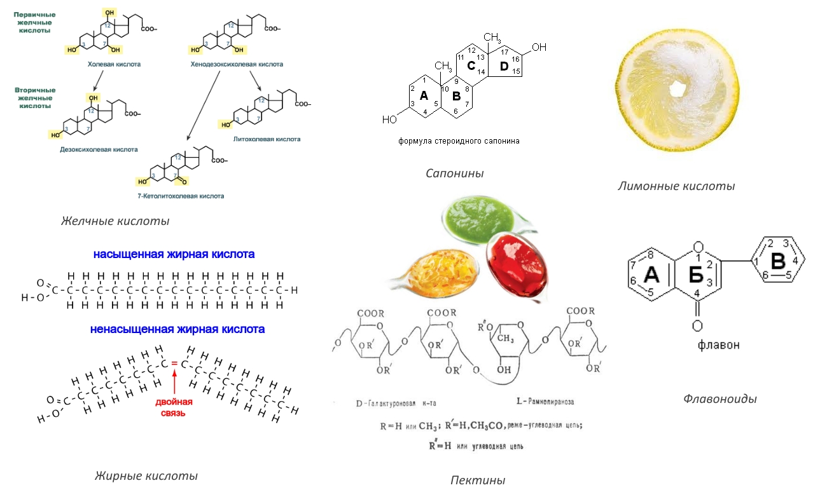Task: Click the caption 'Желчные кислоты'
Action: tap(115, 221)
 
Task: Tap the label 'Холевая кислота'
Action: tap(114, 64)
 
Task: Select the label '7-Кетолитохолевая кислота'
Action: tap(184, 196)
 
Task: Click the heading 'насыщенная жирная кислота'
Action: tap(174, 254)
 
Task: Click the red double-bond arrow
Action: tap(174, 381)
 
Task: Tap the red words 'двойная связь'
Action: tap(174, 407)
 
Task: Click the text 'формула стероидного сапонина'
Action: tap(459, 141)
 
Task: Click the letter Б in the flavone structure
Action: tap(695, 275)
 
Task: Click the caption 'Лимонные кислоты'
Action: tap(676, 186)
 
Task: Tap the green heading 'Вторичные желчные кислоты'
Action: tap(35, 98)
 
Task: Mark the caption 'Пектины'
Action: tap(478, 480)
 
